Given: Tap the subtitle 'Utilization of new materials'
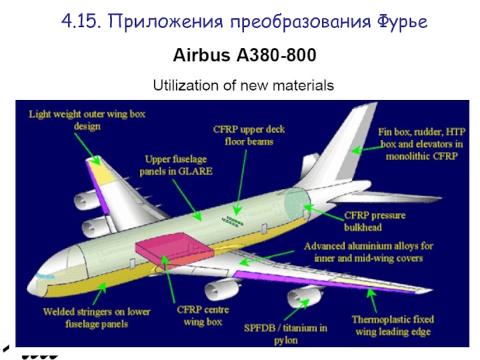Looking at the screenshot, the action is tap(244, 85).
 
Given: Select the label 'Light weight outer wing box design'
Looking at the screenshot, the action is tap(88, 119).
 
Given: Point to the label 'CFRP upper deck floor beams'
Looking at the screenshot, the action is tap(249, 135).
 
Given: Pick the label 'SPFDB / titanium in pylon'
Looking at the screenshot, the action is tap(286, 334).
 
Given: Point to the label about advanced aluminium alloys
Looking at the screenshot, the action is tap(369, 252).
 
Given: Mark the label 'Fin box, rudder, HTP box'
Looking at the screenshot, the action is tap(420, 143).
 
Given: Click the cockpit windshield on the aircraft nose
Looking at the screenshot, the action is tap(43, 275).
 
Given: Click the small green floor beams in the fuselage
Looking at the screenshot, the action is tap(234, 221).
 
